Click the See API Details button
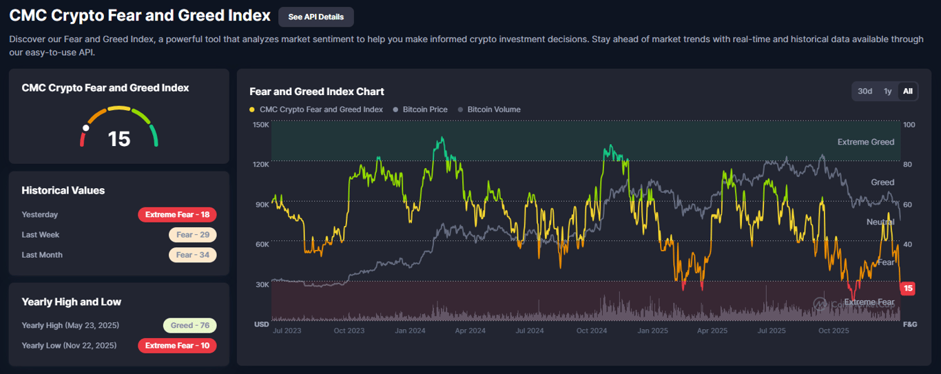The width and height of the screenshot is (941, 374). (x=316, y=17)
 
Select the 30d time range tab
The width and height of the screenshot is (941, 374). (x=865, y=91)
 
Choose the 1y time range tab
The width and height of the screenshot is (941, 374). (x=888, y=91)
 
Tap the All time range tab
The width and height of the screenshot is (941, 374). (x=908, y=91)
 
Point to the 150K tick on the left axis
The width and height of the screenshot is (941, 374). (x=261, y=125)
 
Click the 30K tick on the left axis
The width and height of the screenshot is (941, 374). (x=261, y=284)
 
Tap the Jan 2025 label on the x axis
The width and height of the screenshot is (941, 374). (x=651, y=331)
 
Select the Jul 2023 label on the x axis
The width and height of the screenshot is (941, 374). (x=287, y=331)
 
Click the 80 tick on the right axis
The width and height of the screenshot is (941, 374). (x=908, y=165)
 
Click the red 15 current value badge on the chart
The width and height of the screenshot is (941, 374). (x=908, y=289)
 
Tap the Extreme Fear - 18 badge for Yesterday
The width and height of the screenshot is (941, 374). (x=178, y=215)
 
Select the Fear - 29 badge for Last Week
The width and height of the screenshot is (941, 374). (x=193, y=235)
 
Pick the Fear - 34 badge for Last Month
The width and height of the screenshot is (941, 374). (x=193, y=255)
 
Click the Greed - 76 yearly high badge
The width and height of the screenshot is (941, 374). (x=189, y=326)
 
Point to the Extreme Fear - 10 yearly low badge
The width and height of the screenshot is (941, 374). (x=178, y=346)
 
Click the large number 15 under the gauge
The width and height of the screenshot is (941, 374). (x=119, y=138)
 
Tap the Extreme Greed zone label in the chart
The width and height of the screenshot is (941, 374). (x=865, y=142)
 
